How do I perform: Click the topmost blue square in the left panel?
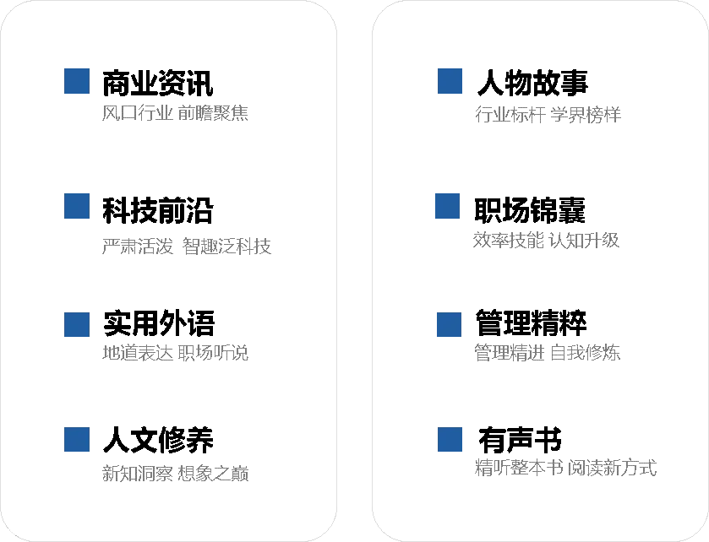point(76,81)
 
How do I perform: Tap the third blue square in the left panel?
point(76,325)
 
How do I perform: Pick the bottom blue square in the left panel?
point(76,440)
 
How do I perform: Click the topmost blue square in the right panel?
point(450,81)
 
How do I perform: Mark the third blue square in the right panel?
point(450,325)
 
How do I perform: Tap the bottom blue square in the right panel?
point(450,440)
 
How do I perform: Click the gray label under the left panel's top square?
point(176,111)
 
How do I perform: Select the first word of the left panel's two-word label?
point(139,248)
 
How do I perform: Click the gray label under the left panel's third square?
point(176,353)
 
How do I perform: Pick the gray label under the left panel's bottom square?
point(176,473)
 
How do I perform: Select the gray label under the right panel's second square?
point(547,240)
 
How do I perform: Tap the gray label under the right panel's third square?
point(547,351)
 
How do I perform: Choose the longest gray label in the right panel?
point(566,467)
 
